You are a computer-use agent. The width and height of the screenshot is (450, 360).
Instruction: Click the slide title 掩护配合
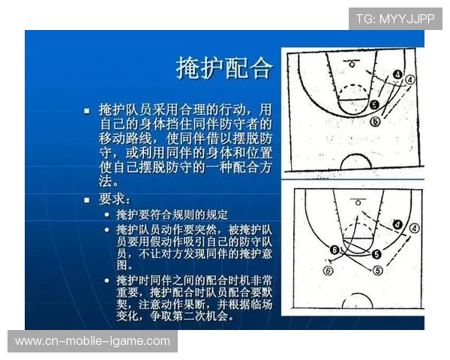click(224, 67)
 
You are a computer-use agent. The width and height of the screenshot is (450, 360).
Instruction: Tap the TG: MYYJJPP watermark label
click(394, 19)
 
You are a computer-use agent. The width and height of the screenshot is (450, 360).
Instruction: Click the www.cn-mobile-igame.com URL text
click(92, 341)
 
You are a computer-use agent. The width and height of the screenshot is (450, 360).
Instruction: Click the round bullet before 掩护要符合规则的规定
click(107, 214)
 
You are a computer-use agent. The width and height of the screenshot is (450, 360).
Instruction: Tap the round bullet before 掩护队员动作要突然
click(107, 229)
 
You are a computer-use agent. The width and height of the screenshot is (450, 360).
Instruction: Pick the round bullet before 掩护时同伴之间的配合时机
click(107, 280)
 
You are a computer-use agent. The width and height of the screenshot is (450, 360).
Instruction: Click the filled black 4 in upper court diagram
click(397, 75)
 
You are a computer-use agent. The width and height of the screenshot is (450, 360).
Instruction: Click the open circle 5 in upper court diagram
click(376, 121)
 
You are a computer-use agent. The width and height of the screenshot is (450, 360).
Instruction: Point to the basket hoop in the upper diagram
click(353, 63)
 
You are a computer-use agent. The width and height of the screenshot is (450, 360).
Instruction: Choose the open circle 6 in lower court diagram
click(327, 270)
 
